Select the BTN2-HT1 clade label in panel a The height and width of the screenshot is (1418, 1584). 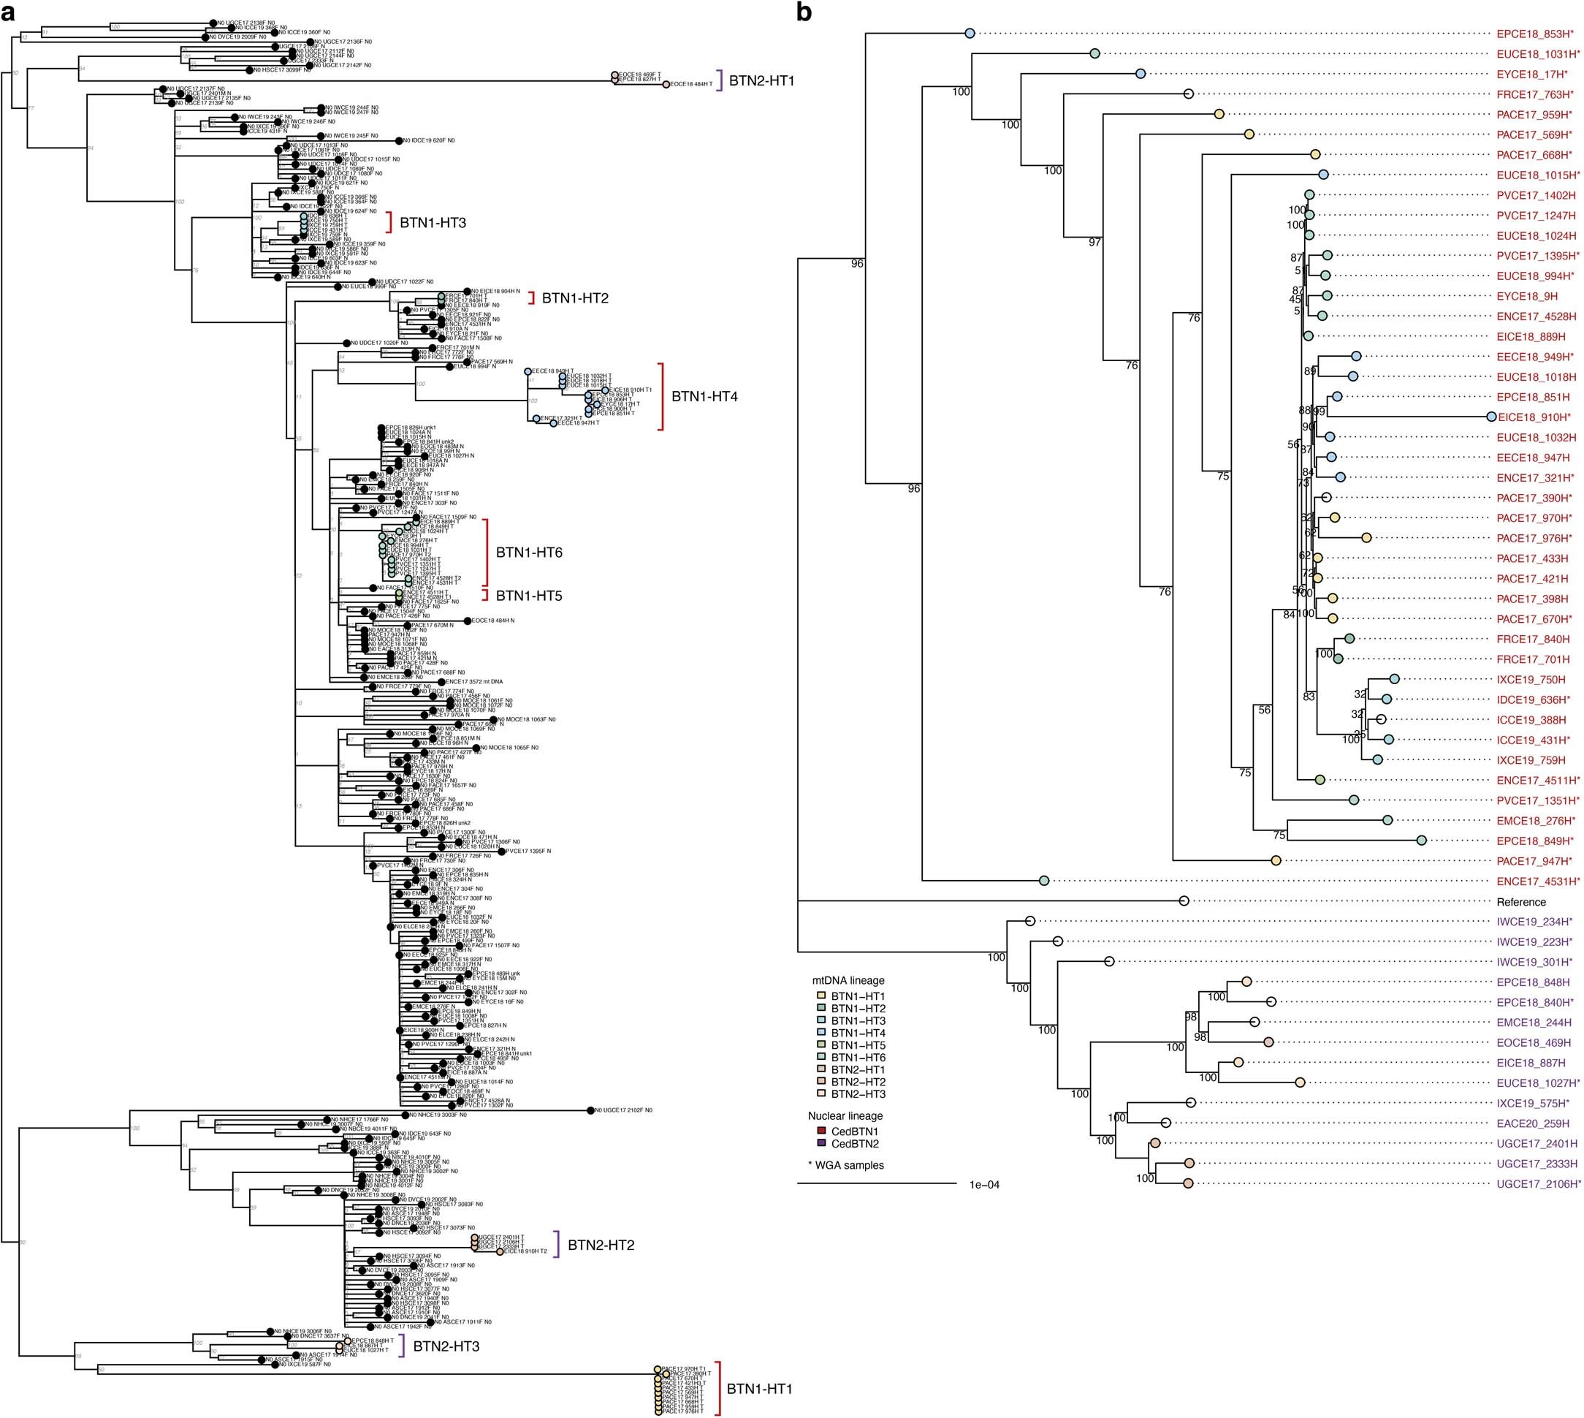coord(761,80)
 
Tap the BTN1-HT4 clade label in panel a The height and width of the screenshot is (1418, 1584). coord(705,397)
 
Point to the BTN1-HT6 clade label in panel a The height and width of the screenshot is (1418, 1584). coord(529,553)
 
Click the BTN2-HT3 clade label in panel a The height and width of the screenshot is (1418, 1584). coord(446,1346)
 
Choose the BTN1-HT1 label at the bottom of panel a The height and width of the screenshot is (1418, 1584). coord(759,1388)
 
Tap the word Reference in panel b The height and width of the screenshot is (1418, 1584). coord(1521,902)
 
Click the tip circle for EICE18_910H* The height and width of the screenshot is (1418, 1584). coord(1490,417)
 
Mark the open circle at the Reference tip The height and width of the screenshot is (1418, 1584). coord(1183,901)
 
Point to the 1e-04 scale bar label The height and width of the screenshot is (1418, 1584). coord(984,1185)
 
